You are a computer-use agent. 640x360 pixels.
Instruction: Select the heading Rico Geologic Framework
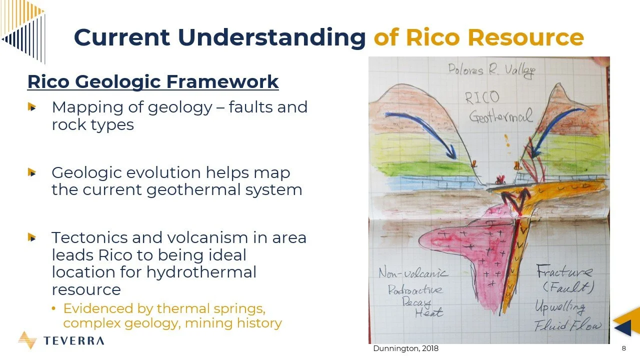(x=152, y=81)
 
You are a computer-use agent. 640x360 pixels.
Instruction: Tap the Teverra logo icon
(x=27, y=340)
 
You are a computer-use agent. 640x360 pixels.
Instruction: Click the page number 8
(x=623, y=348)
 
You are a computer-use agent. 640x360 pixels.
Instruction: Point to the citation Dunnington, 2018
(x=405, y=348)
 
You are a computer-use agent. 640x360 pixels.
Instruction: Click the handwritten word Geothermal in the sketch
(x=500, y=117)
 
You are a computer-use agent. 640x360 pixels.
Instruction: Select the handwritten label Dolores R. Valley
(x=491, y=70)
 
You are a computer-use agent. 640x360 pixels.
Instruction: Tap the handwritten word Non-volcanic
(x=413, y=273)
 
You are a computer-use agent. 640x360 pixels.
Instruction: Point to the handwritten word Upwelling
(x=560, y=306)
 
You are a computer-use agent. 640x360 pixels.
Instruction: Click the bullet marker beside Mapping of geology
(x=32, y=107)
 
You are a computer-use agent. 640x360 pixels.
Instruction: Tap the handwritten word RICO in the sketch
(x=482, y=97)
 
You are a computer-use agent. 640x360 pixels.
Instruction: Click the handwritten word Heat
(x=428, y=312)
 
